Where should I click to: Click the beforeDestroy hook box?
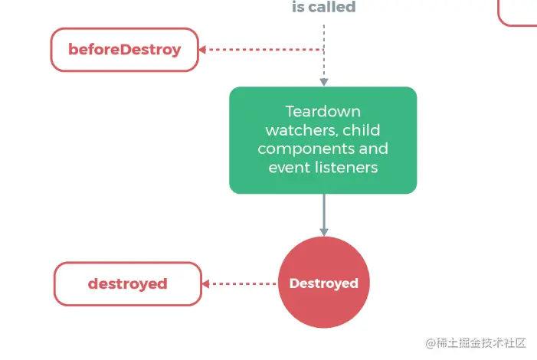point(124,50)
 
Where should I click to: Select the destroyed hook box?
point(127,283)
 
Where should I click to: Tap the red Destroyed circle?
point(323,283)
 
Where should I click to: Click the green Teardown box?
point(323,139)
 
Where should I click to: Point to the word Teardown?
point(323,111)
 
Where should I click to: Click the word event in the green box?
point(286,166)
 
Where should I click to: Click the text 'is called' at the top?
point(323,8)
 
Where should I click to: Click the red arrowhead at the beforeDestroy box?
point(202,50)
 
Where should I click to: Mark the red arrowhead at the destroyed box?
point(207,283)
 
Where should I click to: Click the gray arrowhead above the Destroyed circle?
point(323,231)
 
